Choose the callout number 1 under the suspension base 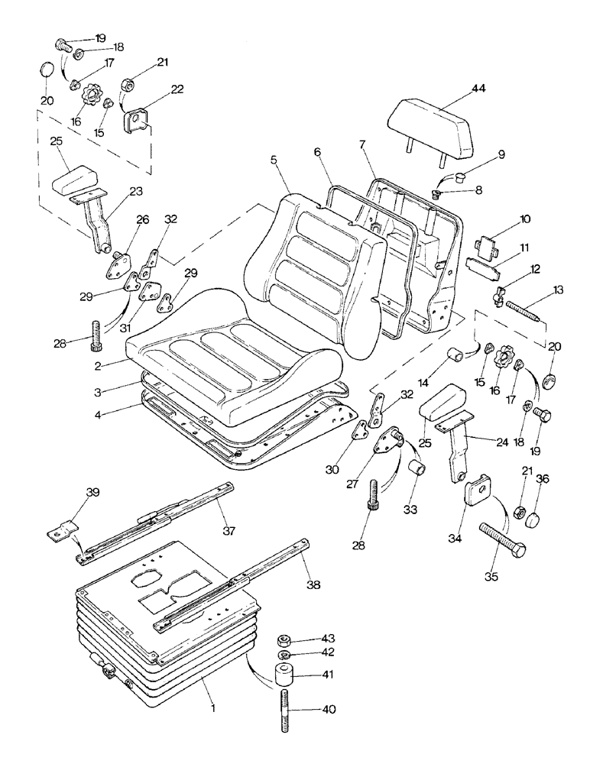tap(213, 709)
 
